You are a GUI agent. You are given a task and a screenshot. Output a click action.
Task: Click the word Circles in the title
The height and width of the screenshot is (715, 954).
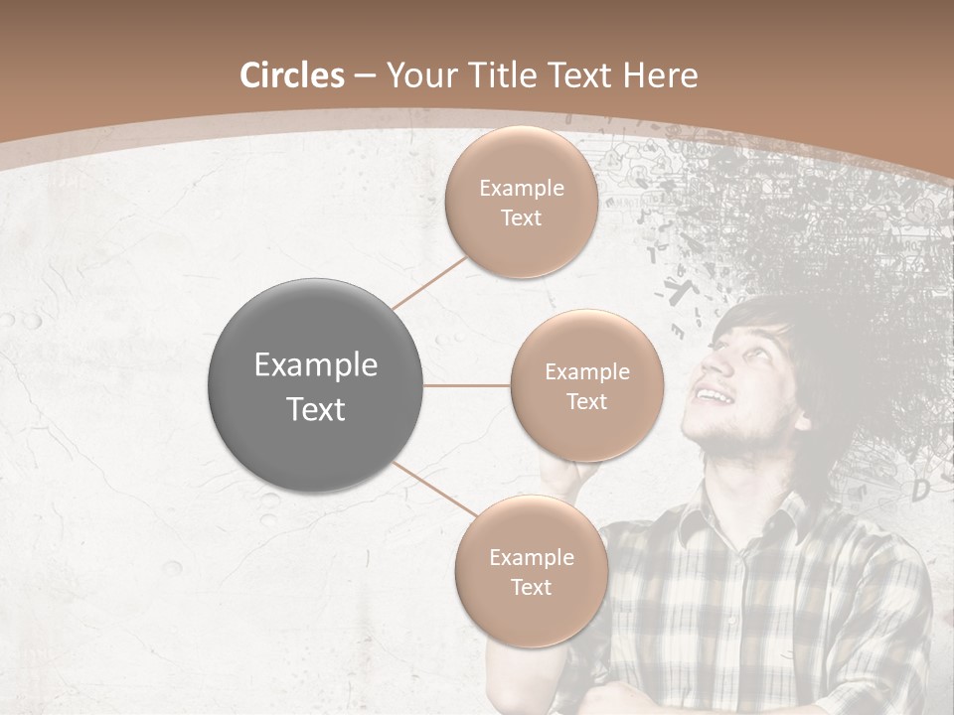click(291, 75)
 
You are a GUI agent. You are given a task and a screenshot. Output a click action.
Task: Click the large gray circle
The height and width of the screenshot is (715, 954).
click(315, 385)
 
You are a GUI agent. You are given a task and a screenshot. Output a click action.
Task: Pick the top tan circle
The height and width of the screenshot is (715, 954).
click(521, 202)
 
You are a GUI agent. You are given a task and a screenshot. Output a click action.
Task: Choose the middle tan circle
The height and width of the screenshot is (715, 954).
click(586, 385)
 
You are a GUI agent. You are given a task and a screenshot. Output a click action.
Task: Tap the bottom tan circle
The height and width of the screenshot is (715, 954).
click(531, 571)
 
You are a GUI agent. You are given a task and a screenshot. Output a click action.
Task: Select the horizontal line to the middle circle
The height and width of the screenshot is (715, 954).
click(466, 385)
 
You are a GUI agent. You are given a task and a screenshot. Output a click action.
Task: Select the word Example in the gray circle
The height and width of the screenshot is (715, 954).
click(315, 365)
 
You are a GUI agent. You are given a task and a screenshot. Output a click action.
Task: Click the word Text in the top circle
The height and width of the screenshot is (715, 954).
click(521, 217)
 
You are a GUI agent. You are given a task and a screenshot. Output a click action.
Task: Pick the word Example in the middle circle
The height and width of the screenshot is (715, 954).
click(586, 371)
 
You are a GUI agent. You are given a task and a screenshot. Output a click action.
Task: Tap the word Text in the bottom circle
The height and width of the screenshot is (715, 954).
click(531, 587)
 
